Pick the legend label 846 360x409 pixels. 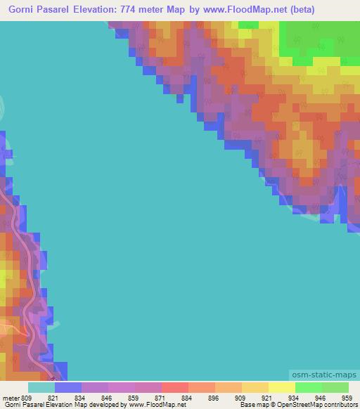[x=108, y=398]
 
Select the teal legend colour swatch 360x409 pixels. [x=41, y=387]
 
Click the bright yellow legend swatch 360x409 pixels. [x=281, y=387]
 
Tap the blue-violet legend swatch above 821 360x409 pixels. [x=67, y=387]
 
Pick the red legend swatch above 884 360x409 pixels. [x=174, y=387]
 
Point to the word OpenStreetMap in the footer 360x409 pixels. [x=290, y=405]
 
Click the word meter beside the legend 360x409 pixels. [x=11, y=398]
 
